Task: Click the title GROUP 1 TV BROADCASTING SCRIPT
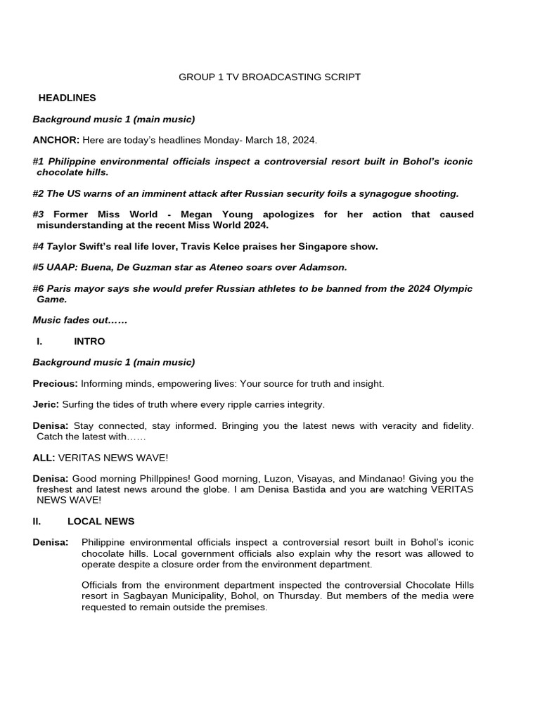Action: coord(269,77)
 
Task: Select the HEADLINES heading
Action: coord(67,98)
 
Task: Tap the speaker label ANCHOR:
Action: coord(56,140)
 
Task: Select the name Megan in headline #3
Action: coord(198,214)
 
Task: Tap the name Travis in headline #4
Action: coord(207,246)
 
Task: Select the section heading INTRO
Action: coord(89,341)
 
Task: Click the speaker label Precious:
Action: coord(55,384)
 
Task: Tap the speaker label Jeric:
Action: coord(46,405)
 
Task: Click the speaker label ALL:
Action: coord(44,458)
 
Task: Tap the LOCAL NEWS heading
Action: coord(101,522)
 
